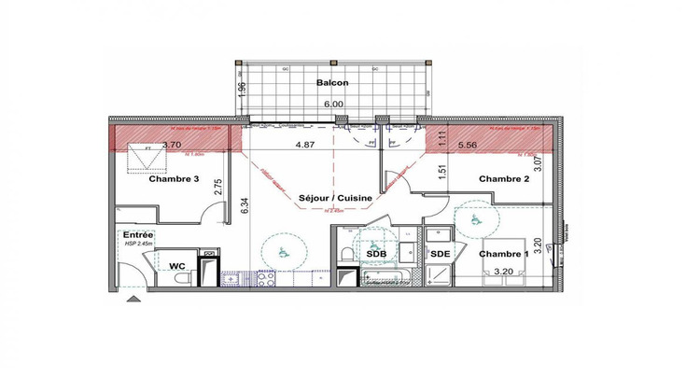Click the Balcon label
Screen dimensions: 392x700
332,83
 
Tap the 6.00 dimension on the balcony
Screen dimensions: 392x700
331,105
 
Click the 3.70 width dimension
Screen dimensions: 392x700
171,146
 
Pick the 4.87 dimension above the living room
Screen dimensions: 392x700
305,146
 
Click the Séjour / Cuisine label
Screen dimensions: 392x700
335,199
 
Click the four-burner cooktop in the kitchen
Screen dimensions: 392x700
264,277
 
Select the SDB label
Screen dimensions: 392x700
377,254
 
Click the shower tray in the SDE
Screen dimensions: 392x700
438,273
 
